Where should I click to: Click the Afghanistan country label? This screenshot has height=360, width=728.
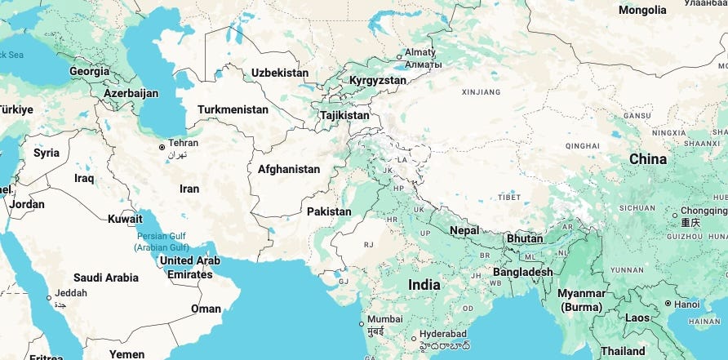point(289,169)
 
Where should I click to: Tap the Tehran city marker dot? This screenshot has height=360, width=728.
point(162,148)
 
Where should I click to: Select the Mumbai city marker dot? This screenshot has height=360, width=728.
point(362,324)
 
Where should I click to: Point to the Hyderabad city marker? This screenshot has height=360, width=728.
point(415,337)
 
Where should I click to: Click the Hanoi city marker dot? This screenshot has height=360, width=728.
point(668,304)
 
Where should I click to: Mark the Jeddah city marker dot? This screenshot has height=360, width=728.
point(49,298)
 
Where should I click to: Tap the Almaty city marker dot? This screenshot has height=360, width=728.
point(399,56)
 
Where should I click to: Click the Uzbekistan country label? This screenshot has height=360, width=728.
point(280,73)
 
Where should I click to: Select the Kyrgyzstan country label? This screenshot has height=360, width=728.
point(377,81)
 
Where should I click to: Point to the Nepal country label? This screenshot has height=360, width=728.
point(464,230)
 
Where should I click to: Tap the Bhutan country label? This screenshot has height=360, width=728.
point(525,239)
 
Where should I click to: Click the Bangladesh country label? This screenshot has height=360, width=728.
point(522,272)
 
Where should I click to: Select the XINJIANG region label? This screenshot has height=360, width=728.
point(480,93)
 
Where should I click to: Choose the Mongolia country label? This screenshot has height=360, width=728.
point(642,10)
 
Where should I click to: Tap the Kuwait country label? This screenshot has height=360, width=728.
point(125,219)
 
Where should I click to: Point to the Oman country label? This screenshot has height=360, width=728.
point(206,309)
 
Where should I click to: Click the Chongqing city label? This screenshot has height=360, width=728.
point(703,210)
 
